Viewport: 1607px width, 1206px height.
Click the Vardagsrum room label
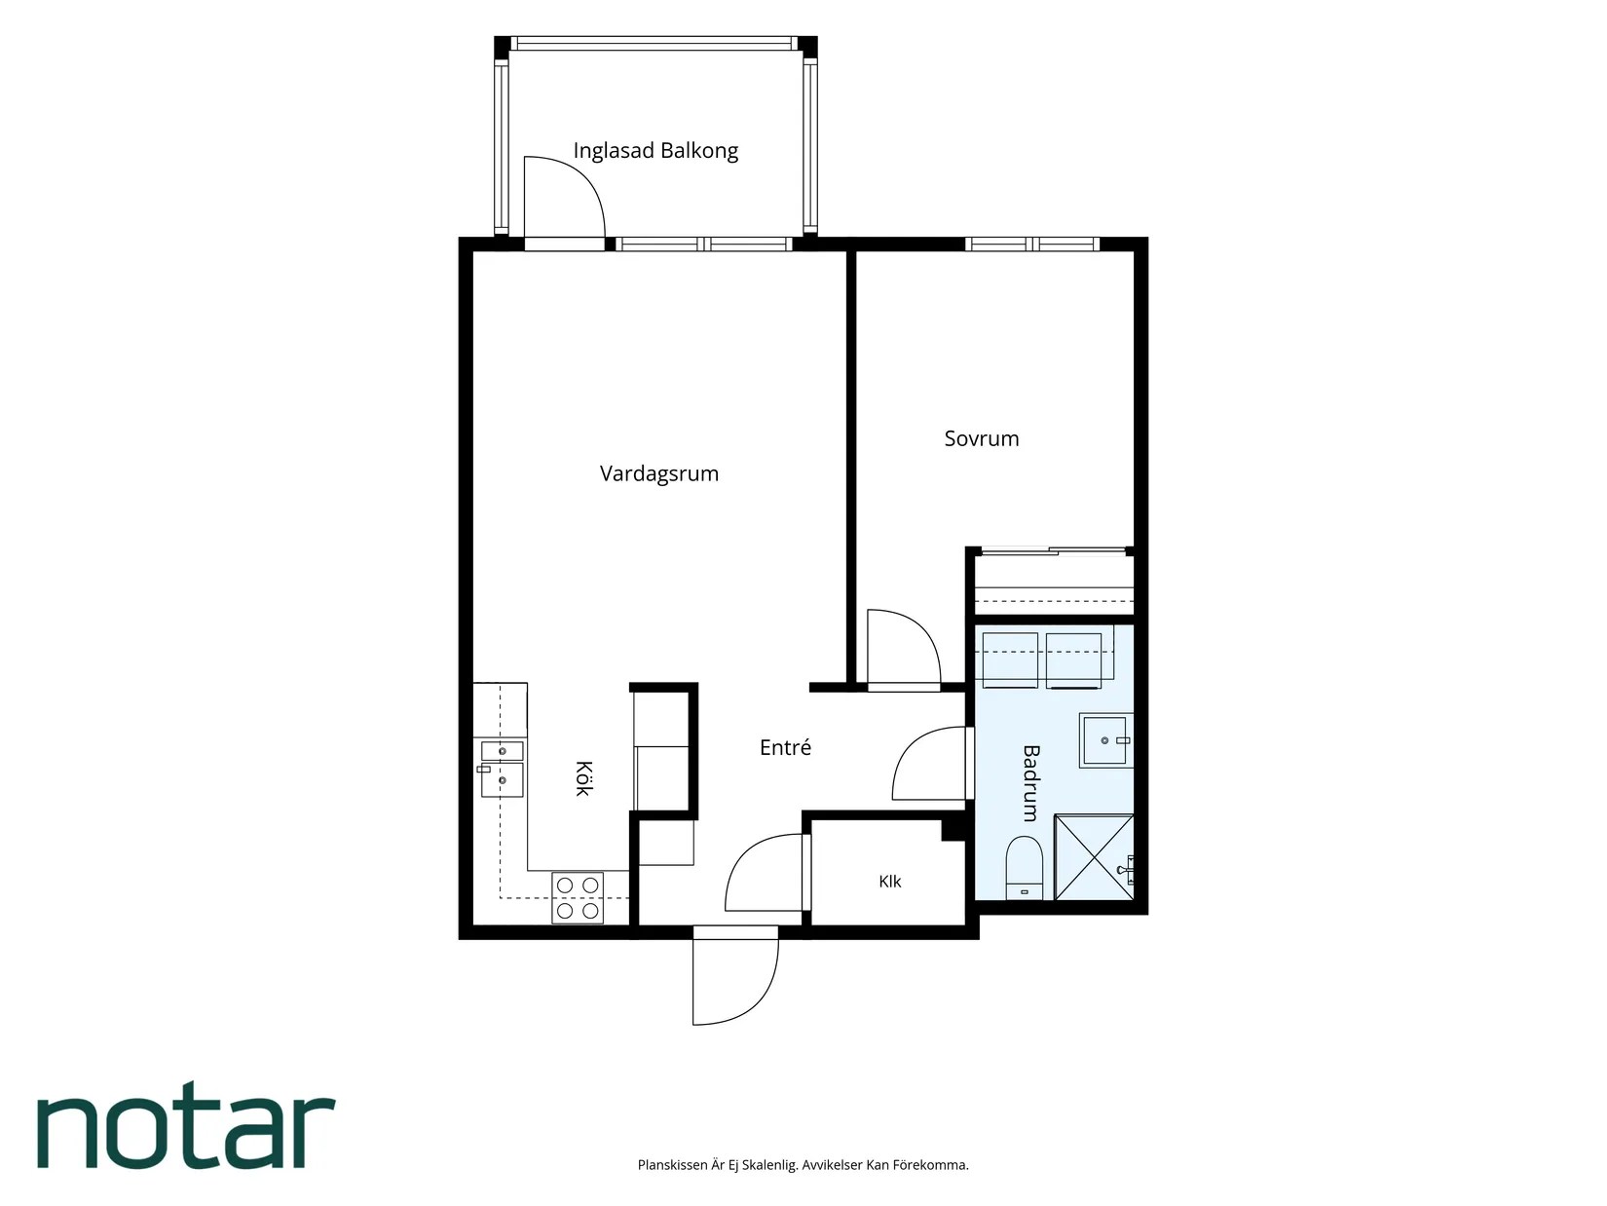[659, 473]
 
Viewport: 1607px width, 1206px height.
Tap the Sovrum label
[981, 438]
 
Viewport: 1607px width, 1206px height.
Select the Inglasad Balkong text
[655, 151]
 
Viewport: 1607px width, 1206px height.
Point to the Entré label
[785, 747]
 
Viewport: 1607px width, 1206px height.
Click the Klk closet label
[889, 881]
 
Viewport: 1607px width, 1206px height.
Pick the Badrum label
[1030, 783]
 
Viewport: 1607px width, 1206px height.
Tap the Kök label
[582, 778]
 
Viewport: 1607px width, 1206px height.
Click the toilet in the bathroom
[1024, 868]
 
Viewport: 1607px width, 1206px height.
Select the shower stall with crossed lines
[1093, 856]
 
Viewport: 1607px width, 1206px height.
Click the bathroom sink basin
[1105, 740]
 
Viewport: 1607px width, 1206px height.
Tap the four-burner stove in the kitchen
[578, 897]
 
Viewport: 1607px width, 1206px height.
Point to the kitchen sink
[502, 769]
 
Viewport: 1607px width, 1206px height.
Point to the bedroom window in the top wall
[1032, 244]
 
